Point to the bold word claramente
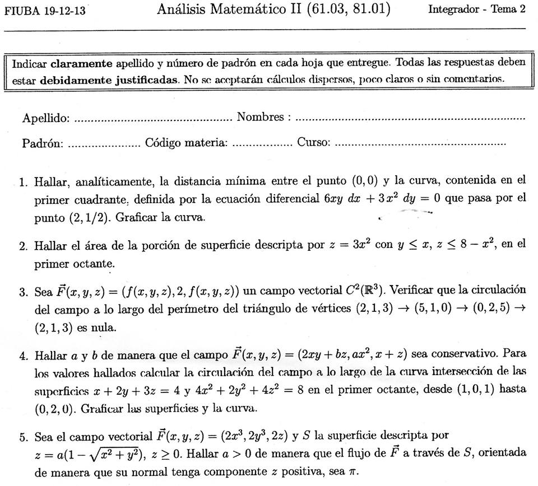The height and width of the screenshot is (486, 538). click(x=82, y=63)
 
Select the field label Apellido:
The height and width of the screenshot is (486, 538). click(x=46, y=118)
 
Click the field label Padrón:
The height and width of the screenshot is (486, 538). click(x=43, y=143)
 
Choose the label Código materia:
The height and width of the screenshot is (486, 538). click(x=186, y=143)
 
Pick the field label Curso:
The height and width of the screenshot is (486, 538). click(x=313, y=143)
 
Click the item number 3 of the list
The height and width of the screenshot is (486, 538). click(x=22, y=292)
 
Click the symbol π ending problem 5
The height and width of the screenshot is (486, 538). click(x=352, y=472)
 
